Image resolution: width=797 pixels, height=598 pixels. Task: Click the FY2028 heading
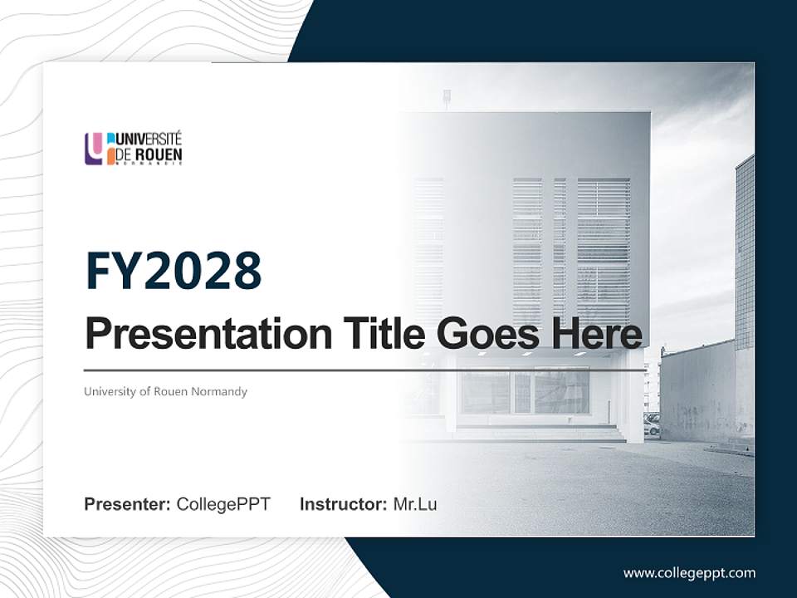[174, 272]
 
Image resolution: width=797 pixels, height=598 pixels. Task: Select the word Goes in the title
[485, 334]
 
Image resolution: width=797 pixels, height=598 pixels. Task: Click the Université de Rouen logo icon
[94, 149]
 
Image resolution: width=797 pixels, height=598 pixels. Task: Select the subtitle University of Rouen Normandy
[165, 391]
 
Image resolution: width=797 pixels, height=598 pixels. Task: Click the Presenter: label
[128, 504]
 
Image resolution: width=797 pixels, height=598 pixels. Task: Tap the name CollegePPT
[223, 504]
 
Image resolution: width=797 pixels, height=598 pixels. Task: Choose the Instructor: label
[344, 504]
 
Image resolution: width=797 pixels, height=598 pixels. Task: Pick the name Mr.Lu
[415, 504]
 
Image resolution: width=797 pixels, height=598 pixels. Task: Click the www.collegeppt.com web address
[689, 572]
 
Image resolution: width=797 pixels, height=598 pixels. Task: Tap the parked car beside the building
[652, 424]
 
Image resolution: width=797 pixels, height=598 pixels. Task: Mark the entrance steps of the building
[540, 433]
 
